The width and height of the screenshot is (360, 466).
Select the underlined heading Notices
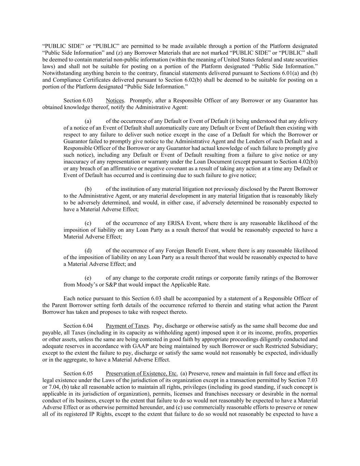point(115,100)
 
